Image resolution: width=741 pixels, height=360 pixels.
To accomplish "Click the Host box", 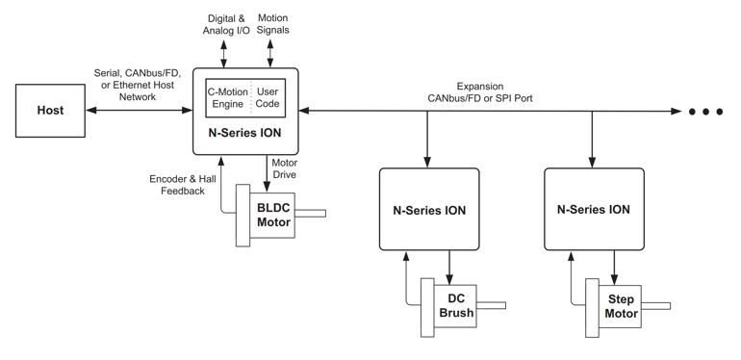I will click(50, 111).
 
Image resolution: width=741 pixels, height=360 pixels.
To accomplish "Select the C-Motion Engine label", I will click(227, 97).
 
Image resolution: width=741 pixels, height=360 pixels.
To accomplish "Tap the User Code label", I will click(268, 97).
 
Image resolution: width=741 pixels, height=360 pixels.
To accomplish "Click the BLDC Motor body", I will click(272, 215).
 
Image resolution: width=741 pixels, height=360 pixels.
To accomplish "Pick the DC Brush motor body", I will click(455, 305).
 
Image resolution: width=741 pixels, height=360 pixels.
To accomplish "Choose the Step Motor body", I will click(621, 305).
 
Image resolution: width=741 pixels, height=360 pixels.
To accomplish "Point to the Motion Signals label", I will click(272, 24).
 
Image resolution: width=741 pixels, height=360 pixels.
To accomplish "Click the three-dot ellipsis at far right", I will click(705, 112).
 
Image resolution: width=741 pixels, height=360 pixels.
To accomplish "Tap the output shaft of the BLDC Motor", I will click(312, 214).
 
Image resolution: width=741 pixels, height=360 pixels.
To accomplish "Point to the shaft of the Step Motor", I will click(656, 306).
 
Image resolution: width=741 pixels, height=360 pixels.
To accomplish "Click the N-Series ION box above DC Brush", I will click(428, 209).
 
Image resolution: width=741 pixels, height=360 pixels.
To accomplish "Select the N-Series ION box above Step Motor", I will click(594, 209).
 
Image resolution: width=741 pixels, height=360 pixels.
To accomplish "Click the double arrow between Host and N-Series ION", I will click(139, 111).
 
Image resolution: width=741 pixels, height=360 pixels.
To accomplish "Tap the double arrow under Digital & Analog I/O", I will click(223, 52).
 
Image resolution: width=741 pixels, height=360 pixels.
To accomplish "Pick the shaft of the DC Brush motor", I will click(491, 306).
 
